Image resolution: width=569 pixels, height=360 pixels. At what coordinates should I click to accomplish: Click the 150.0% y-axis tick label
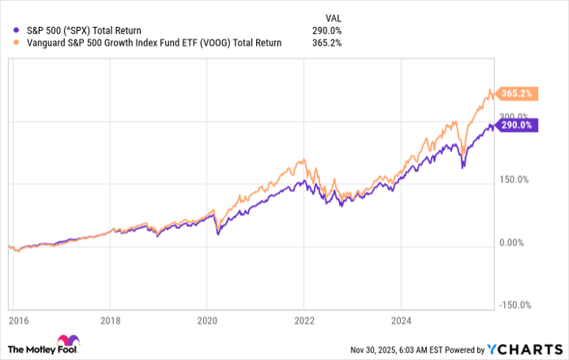[514, 180]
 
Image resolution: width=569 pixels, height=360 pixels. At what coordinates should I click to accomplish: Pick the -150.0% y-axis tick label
[515, 305]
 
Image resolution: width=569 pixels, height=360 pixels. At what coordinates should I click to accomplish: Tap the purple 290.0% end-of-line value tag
[515, 125]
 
